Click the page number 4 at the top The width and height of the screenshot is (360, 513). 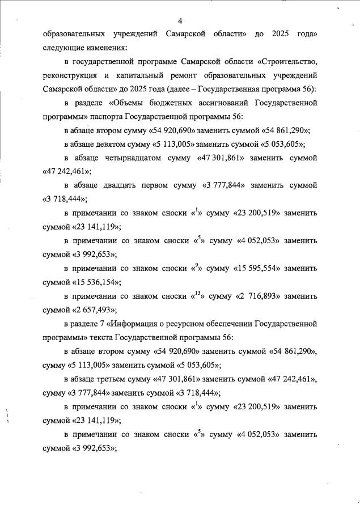pyautogui.click(x=180, y=21)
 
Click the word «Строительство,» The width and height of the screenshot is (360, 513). pyautogui.click(x=287, y=61)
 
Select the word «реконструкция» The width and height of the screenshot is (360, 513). pyautogui.click(x=72, y=75)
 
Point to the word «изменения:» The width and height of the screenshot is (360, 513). pyautogui.click(x=104, y=47)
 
